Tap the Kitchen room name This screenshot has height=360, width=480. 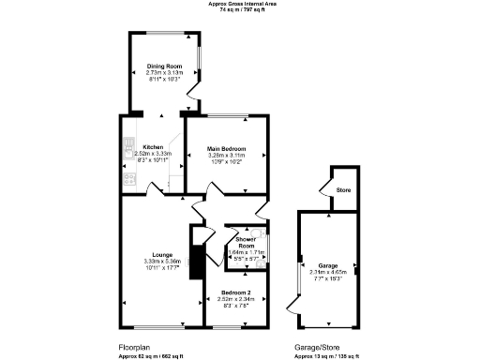tap(153, 147)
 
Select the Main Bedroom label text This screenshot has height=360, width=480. tap(224, 147)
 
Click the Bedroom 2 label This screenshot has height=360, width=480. tap(235, 292)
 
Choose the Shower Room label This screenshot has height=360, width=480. tap(247, 241)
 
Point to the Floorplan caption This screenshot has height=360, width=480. tap(135, 346)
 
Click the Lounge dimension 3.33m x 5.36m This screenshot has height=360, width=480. tap(157, 261)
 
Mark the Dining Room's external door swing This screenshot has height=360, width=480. tap(192, 90)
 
